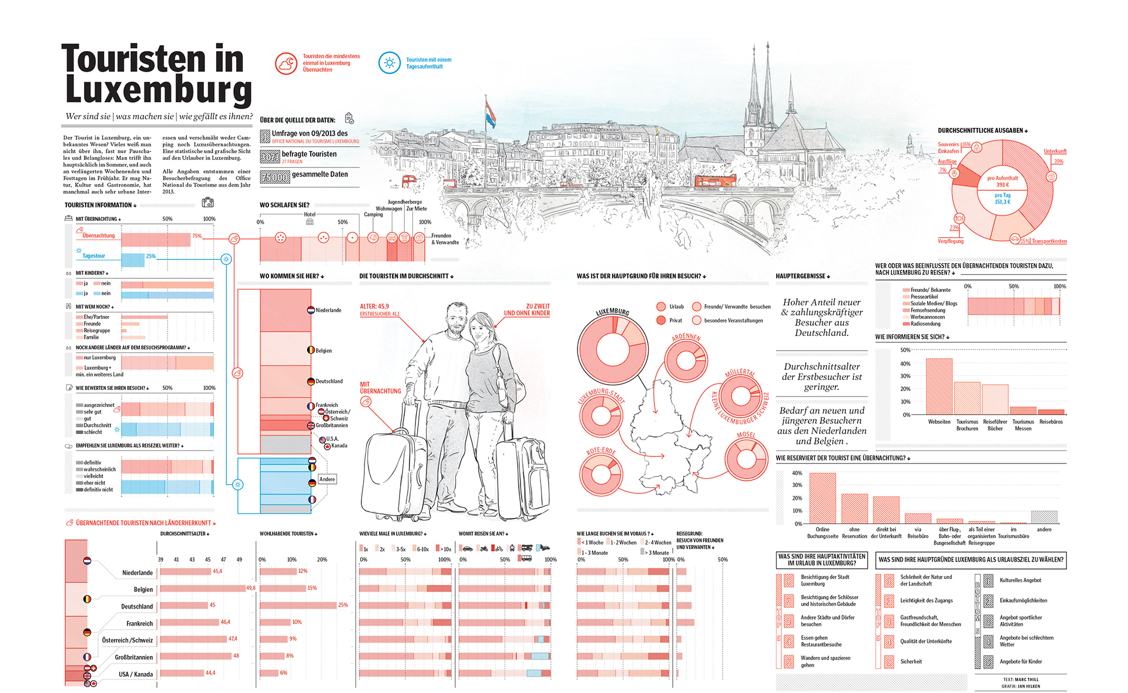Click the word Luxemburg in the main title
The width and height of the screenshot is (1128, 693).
159,91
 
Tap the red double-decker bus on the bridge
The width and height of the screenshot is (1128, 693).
715,181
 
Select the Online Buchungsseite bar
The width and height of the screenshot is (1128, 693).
822,498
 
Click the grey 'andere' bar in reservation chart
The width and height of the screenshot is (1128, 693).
1044,517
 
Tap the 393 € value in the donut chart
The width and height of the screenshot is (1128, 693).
1002,184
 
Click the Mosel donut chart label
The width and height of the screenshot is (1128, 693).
746,435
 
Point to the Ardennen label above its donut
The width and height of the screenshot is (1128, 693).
686,338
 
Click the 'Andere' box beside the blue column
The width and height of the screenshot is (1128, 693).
327,479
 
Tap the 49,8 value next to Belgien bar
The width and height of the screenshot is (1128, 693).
251,588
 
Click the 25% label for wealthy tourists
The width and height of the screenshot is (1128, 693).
343,605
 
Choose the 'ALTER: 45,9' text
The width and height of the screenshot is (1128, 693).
374,307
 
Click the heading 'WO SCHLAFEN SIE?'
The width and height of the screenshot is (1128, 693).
284,205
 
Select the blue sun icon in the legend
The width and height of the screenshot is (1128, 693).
389,63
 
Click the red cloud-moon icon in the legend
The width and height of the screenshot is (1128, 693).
286,63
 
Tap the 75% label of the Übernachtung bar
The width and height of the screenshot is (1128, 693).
197,236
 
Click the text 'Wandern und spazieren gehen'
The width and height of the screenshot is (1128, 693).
825,661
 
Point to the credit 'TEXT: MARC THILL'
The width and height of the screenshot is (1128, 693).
1020,679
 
